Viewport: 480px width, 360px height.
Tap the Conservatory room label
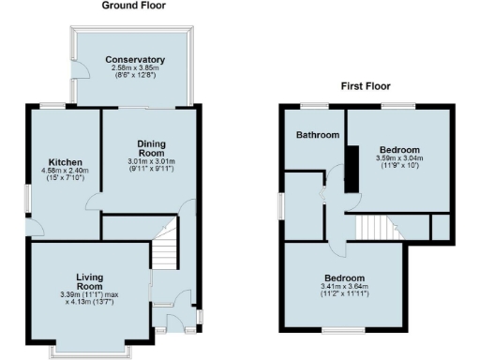(136, 60)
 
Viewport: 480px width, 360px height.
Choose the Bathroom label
(318, 135)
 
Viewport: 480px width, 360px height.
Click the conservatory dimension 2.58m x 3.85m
(136, 68)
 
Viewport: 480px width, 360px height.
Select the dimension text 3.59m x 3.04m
(399, 158)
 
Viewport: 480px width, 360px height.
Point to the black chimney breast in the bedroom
(352, 168)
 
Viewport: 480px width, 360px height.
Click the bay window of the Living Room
(91, 351)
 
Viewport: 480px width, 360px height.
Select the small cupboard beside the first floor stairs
(439, 226)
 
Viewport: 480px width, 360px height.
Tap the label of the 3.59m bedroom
(399, 149)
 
